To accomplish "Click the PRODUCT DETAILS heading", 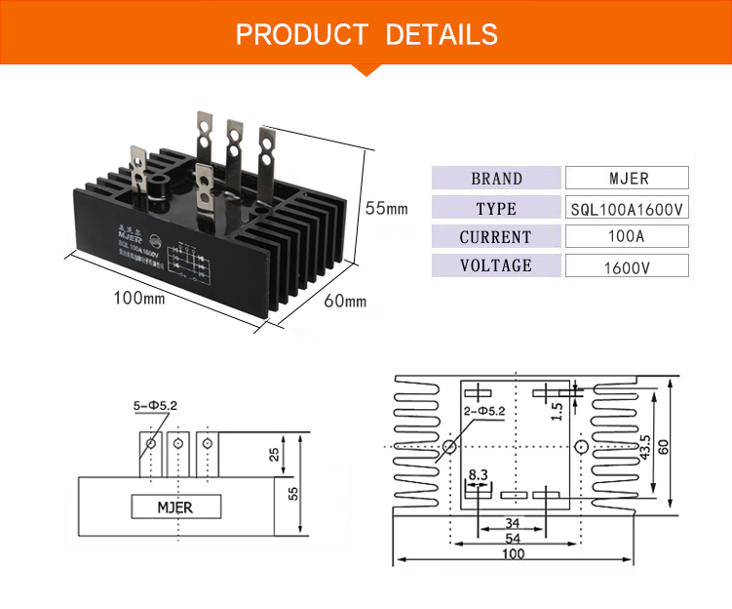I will point(366,35).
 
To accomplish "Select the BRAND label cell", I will point(496,179).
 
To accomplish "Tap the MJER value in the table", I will point(627,179).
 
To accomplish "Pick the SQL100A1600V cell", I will point(627,208).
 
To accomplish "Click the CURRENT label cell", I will point(496,237).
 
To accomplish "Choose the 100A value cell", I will point(627,237).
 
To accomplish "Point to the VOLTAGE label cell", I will point(496,265).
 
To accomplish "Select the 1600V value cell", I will point(627,266).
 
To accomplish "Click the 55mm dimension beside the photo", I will point(386,208).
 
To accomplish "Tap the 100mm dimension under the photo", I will point(139,298).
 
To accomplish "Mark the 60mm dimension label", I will point(344,301).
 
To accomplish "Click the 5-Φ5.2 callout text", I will point(156,405).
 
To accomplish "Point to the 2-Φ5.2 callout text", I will point(484,412).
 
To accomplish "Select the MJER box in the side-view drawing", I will point(176,507).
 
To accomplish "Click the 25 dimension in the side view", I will point(274,454).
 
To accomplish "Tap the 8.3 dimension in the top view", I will point(478,475).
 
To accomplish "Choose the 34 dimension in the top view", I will point(512,522).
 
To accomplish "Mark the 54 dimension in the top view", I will point(513,538).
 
